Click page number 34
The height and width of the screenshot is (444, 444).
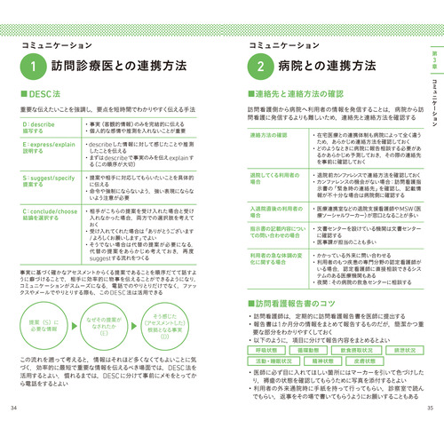(12, 432)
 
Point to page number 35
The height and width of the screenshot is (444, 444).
(430, 432)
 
